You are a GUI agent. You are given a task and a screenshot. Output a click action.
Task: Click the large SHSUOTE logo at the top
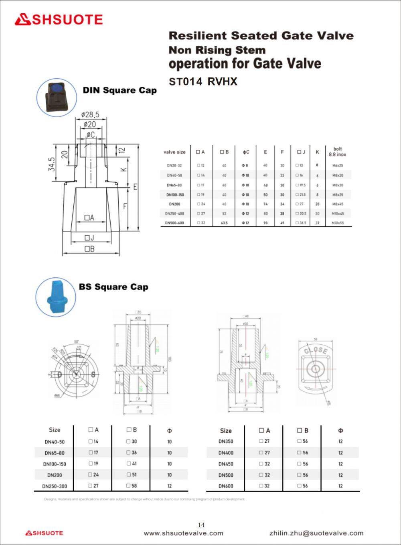click(x=59, y=20)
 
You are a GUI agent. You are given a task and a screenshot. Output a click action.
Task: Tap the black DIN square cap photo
click(x=57, y=97)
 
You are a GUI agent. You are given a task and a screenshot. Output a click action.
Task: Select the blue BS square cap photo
click(x=55, y=297)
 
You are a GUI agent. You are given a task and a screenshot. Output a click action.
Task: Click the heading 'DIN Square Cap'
click(x=119, y=90)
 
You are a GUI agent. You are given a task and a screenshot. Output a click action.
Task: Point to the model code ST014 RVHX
click(x=203, y=82)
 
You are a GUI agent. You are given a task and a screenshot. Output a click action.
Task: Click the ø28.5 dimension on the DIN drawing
click(x=90, y=114)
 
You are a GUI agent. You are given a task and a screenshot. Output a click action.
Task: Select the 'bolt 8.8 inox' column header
click(x=337, y=152)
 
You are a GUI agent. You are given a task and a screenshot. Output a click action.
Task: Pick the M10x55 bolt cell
click(x=337, y=223)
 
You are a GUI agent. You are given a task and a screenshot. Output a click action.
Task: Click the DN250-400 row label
click(x=175, y=214)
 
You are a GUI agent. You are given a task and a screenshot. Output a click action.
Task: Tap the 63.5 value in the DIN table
click(x=224, y=223)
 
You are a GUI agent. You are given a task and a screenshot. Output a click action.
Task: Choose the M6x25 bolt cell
click(x=337, y=165)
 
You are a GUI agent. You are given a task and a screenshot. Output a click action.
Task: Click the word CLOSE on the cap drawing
click(x=316, y=351)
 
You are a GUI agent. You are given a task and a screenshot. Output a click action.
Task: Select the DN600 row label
click(x=226, y=486)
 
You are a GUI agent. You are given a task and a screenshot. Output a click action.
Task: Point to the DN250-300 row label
click(x=55, y=486)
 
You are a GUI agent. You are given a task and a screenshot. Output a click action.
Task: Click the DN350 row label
click(x=226, y=441)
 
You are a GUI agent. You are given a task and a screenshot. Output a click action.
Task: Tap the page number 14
click(x=201, y=525)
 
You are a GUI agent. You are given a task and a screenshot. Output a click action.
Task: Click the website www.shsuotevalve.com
click(x=183, y=533)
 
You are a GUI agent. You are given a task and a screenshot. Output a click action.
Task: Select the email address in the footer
click(x=316, y=533)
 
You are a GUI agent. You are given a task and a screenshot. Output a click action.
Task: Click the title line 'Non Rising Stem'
click(x=217, y=51)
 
